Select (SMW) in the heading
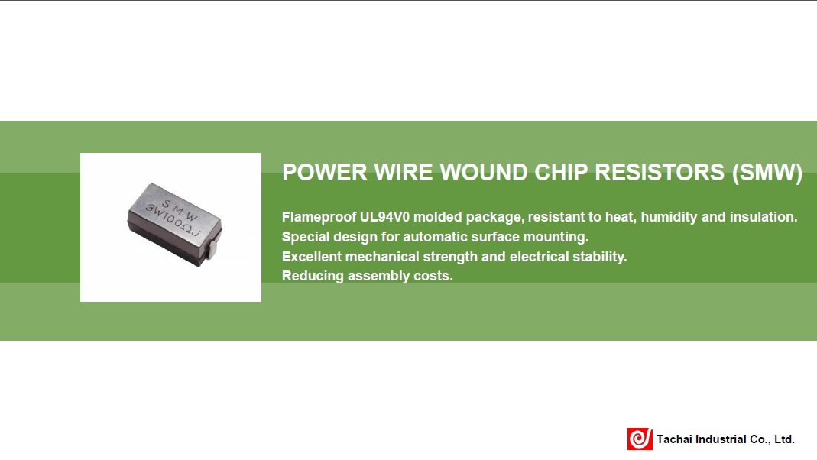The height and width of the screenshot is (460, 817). point(767,172)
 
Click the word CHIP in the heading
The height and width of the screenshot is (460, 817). point(561,172)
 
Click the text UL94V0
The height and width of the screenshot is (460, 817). point(385,217)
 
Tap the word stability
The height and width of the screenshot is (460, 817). point(598,257)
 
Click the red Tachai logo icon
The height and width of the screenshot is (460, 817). point(639,439)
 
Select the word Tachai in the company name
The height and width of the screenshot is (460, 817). point(676,439)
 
